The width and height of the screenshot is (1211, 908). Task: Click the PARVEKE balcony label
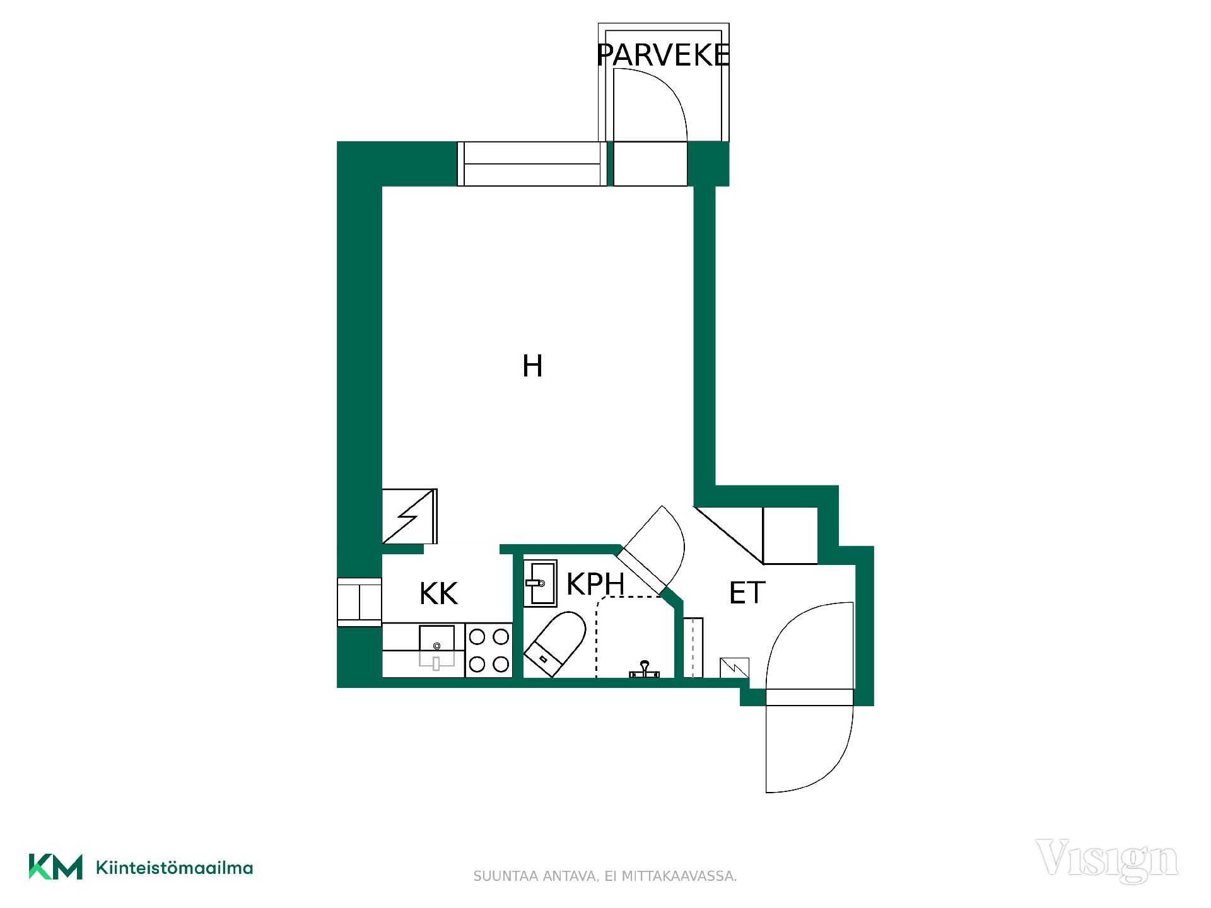pyautogui.click(x=663, y=55)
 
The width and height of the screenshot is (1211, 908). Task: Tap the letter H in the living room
pyautogui.click(x=532, y=366)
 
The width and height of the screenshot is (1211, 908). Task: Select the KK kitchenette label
pyautogui.click(x=438, y=593)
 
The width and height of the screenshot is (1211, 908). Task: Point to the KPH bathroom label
pyautogui.click(x=595, y=584)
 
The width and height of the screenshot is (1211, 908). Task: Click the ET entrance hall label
pyautogui.click(x=747, y=593)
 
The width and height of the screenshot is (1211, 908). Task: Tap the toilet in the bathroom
pyautogui.click(x=555, y=644)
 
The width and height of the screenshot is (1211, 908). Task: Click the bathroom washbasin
pyautogui.click(x=541, y=583)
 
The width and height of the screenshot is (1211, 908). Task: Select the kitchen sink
pyautogui.click(x=436, y=646)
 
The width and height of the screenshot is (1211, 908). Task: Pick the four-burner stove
pyautogui.click(x=489, y=650)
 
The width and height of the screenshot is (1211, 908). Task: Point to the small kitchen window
pyautogui.click(x=360, y=602)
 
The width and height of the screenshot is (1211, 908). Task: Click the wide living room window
pyautogui.click(x=532, y=164)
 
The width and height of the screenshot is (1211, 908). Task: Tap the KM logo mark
pyautogui.click(x=56, y=866)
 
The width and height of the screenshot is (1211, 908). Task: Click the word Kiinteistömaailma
pyautogui.click(x=174, y=868)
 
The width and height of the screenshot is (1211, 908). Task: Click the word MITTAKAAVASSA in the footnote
pyautogui.click(x=679, y=876)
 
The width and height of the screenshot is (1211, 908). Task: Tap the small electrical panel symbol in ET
pyautogui.click(x=735, y=668)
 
